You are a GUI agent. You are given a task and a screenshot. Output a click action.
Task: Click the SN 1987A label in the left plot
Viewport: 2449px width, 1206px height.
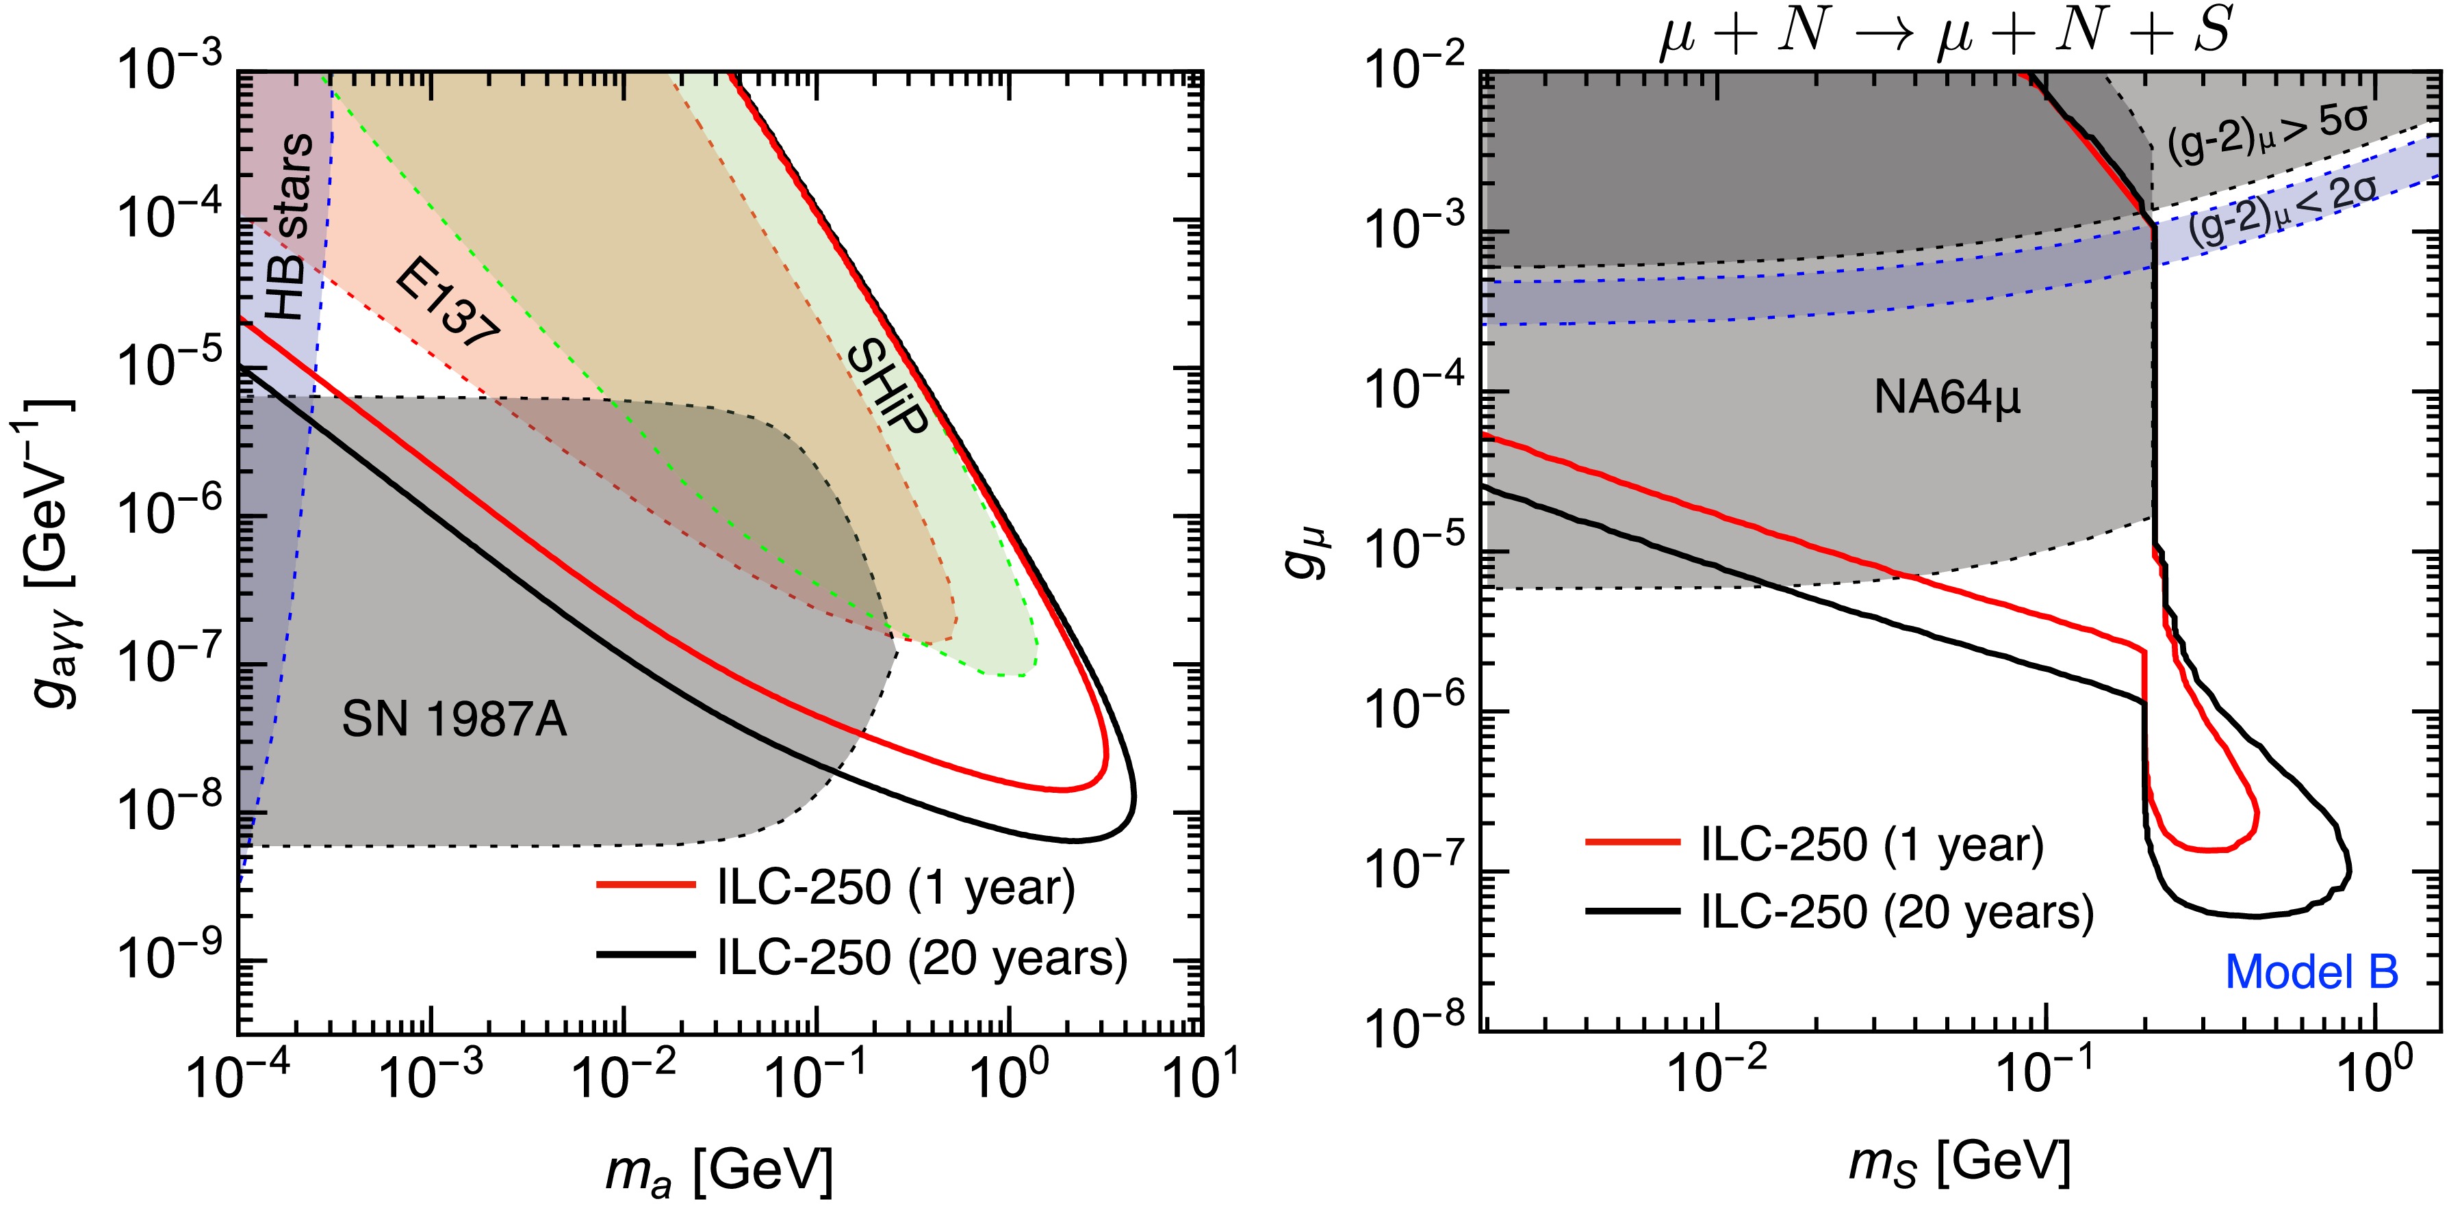click(x=454, y=720)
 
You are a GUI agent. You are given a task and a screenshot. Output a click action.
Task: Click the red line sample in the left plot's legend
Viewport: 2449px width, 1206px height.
click(x=647, y=884)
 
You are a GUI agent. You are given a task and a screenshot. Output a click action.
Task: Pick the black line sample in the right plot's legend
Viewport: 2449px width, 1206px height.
click(x=1632, y=913)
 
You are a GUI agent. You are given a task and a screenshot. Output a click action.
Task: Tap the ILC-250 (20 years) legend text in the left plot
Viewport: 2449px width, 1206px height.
click(x=921, y=957)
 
